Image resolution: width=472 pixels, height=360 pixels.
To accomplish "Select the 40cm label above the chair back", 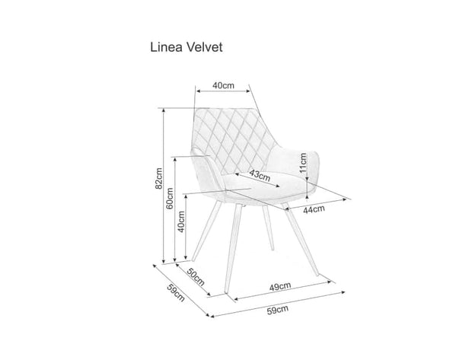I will tap(223, 85).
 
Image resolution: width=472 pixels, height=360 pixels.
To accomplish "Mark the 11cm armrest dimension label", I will tap(302, 162).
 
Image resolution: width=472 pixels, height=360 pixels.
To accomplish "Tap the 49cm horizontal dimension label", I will tap(279, 286).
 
